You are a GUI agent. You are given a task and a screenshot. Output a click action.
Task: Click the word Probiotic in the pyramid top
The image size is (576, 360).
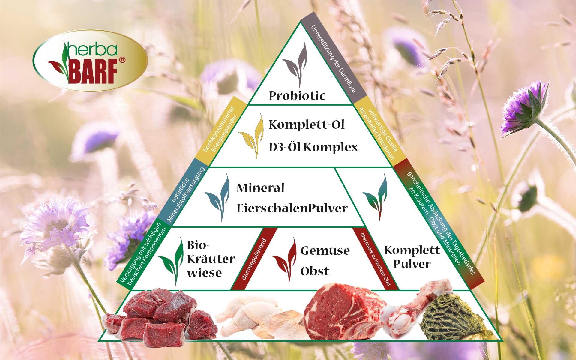tap(297, 96)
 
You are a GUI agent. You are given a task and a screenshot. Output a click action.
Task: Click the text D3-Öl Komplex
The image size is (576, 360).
tap(313, 147)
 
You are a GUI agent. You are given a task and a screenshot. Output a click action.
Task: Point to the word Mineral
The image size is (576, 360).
tap(260, 188)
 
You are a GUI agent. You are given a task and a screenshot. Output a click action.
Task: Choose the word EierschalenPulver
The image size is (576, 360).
tap(292, 208)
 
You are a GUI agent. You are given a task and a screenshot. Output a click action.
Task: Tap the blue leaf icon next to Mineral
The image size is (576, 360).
tap(217, 198)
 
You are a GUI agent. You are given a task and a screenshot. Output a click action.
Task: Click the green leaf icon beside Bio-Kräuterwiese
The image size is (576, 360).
tap(171, 261)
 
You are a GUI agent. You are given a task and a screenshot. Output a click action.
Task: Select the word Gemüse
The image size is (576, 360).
tap(325, 251)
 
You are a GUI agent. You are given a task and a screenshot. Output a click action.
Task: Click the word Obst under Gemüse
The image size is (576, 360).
tap(315, 271)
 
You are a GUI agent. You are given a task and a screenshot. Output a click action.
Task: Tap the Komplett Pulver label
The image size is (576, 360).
tap(412, 257)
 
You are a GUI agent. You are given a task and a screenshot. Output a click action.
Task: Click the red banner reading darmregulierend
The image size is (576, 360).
tap(254, 259)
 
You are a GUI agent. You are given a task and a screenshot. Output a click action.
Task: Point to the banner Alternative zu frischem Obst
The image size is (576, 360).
tap(375, 259)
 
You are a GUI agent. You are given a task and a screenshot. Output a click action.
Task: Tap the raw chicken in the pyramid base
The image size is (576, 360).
tap(259, 315)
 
